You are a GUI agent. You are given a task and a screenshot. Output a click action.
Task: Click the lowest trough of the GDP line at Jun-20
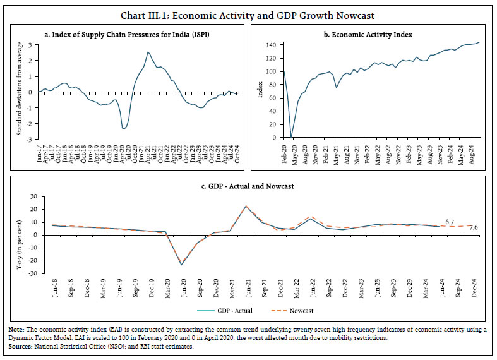tap(182, 264)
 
